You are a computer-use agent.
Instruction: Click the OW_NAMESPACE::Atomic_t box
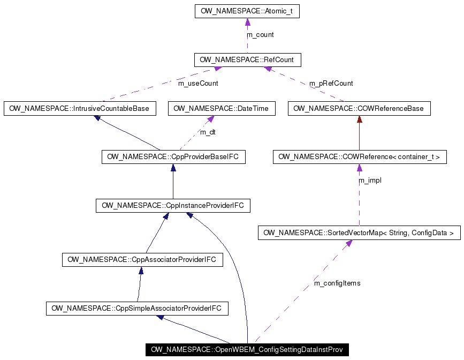pyautogui.click(x=247, y=11)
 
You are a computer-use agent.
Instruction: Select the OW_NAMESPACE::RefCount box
pyautogui.click(x=247, y=59)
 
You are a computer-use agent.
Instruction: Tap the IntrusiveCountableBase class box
pyautogui.click(x=80, y=108)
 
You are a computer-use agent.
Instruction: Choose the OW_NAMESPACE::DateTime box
pyautogui.click(x=222, y=108)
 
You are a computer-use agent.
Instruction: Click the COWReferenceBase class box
pyautogui.click(x=359, y=108)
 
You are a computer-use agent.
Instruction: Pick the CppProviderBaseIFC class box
pyautogui.click(x=173, y=157)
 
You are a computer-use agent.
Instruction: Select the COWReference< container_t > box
pyautogui.click(x=359, y=157)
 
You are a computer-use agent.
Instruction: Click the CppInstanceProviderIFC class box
pyautogui.click(x=173, y=206)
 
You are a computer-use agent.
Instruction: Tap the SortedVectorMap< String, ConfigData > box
pyautogui.click(x=359, y=233)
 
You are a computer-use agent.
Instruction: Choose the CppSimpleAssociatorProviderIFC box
pyautogui.click(x=138, y=309)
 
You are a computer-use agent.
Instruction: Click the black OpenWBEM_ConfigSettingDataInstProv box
pyautogui.click(x=247, y=350)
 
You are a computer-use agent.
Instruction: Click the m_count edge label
pyautogui.click(x=260, y=35)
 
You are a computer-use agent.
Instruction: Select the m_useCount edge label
pyautogui.click(x=198, y=84)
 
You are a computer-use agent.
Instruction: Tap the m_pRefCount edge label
pyautogui.click(x=331, y=84)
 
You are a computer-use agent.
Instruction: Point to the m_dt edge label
pyautogui.click(x=208, y=132)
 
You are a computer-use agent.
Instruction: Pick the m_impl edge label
pyautogui.click(x=370, y=181)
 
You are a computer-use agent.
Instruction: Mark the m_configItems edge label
pyautogui.click(x=337, y=283)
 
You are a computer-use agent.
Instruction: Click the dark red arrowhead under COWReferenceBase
pyautogui.click(x=359, y=119)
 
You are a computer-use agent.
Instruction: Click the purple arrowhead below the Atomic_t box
pyautogui.click(x=247, y=22)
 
